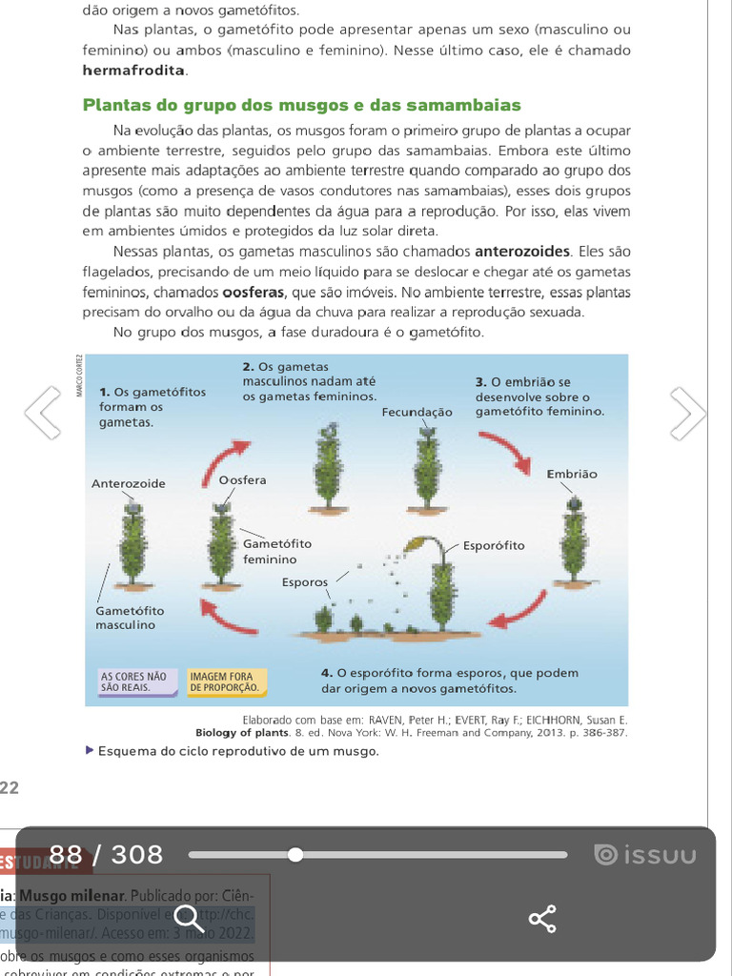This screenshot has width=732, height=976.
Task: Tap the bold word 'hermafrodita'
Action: (134, 71)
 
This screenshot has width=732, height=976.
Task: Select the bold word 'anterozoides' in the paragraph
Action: (522, 252)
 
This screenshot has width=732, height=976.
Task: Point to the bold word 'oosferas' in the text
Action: (254, 292)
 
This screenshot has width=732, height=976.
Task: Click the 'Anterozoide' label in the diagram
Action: (129, 484)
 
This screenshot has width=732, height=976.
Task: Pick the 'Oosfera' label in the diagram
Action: (243, 480)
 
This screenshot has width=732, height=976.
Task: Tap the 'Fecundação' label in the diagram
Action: (417, 413)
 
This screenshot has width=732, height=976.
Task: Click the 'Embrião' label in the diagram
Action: (572, 474)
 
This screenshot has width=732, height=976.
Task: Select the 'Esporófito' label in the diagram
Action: (494, 546)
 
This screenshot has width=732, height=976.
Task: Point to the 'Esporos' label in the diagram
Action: (305, 582)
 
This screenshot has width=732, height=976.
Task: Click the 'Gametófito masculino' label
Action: (130, 618)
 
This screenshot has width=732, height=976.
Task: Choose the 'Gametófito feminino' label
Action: (276, 551)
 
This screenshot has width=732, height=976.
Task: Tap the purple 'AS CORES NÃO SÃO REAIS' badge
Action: (134, 681)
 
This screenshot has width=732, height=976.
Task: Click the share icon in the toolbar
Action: (542, 919)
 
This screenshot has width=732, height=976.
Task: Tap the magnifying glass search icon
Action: (188, 919)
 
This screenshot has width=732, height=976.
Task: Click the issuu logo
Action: (645, 855)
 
